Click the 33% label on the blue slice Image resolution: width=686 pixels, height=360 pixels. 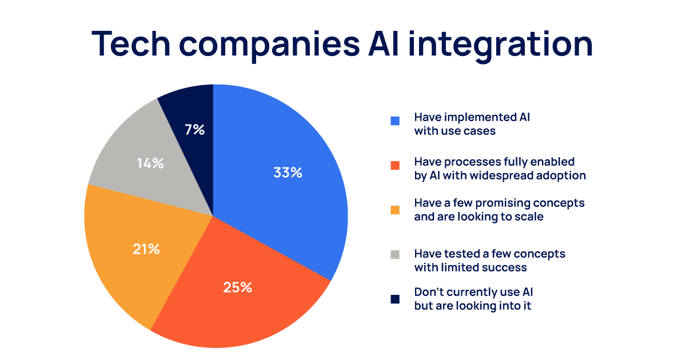click(x=288, y=173)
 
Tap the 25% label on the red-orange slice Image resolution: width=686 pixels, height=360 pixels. click(x=238, y=287)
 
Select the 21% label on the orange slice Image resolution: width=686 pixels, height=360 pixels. click(x=146, y=249)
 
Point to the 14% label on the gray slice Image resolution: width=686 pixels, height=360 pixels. click(x=150, y=163)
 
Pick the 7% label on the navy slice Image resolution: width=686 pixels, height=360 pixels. click(x=194, y=130)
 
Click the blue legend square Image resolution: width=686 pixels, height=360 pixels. click(x=395, y=121)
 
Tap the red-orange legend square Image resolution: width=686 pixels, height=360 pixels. click(x=395, y=165)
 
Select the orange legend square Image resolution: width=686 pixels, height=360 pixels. click(x=395, y=210)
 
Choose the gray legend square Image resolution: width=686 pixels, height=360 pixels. click(x=395, y=254)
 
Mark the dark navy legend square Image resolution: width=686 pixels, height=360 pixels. click(x=395, y=299)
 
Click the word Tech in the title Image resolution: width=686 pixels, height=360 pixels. click(x=131, y=43)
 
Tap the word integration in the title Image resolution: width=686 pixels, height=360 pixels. click(x=500, y=45)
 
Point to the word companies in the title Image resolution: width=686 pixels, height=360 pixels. click(x=269, y=46)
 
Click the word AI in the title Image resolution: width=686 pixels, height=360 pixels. click(x=384, y=43)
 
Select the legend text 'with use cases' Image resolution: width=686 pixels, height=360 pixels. click(x=455, y=131)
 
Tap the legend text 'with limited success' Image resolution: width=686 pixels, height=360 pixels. click(x=470, y=267)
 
